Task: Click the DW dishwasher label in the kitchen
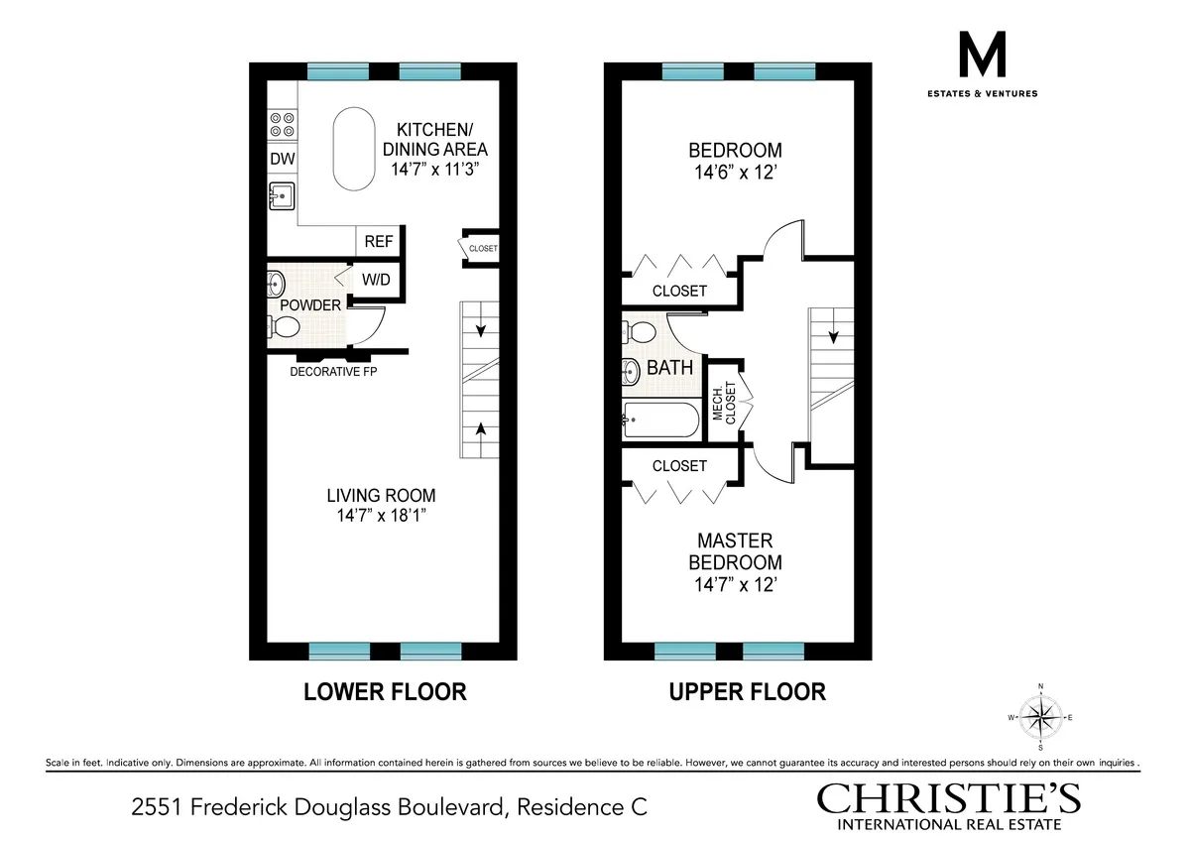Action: click(282, 159)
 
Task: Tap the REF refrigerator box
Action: click(378, 241)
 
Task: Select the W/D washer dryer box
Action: click(375, 280)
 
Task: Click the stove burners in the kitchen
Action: click(282, 124)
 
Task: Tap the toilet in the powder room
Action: click(286, 326)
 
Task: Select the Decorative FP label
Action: click(333, 372)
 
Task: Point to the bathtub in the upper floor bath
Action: click(661, 420)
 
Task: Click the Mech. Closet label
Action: click(723, 402)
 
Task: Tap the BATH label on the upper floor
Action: click(670, 368)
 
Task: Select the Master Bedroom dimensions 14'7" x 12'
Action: click(734, 584)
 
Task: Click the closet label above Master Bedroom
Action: click(679, 465)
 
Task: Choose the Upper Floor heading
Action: click(748, 691)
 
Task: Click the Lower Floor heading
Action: click(385, 691)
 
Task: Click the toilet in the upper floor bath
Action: click(642, 329)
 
